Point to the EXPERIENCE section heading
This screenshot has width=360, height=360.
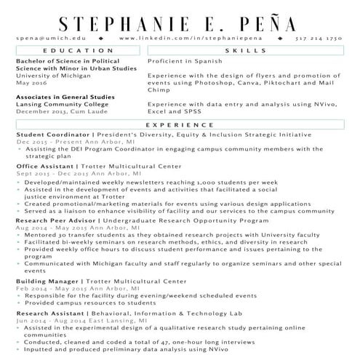point(180,125)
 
